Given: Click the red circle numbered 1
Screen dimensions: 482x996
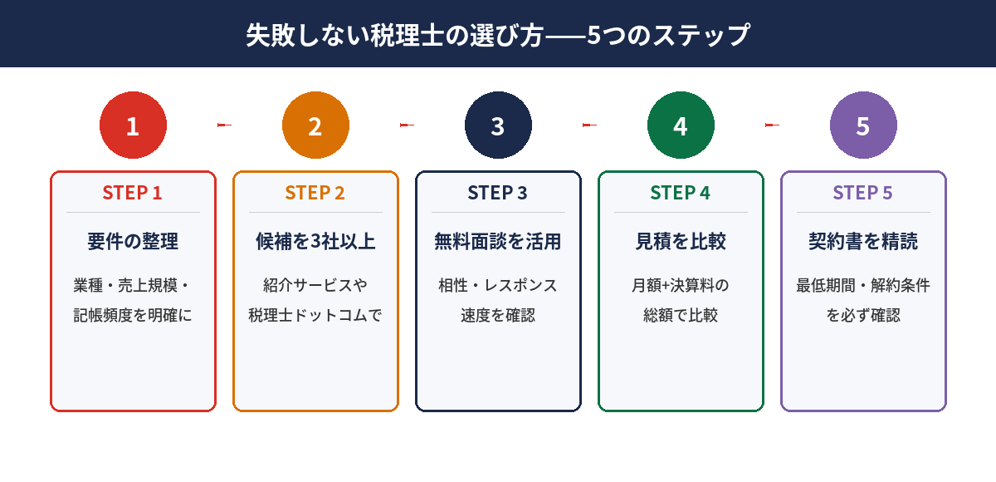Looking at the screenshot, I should tap(133, 125).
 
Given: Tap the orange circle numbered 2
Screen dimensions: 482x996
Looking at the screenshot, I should tap(315, 125).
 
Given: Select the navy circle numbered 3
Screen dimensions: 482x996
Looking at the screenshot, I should tap(498, 125).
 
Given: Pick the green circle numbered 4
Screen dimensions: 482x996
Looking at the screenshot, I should tap(681, 125).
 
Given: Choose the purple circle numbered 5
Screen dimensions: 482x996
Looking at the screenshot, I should tap(863, 125).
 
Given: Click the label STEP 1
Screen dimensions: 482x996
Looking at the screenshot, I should tap(133, 193).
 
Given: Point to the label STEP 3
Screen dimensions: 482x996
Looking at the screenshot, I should tap(498, 193).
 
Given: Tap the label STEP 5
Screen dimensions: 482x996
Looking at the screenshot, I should tap(863, 193).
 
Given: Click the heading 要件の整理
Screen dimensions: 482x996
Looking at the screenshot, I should tap(133, 242).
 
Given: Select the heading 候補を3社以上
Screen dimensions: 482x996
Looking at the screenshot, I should tap(315, 242).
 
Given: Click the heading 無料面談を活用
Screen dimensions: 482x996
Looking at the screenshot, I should tap(498, 242).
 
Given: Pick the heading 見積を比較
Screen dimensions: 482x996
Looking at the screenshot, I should tap(681, 242).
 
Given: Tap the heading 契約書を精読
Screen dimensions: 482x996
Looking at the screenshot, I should tap(863, 242).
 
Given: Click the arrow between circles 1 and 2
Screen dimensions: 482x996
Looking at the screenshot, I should tap(224, 125).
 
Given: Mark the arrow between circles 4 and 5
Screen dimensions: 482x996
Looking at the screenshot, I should tap(772, 125).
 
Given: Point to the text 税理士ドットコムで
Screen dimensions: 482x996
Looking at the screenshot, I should tap(315, 316).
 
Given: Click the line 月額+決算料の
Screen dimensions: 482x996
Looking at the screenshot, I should tap(681, 286).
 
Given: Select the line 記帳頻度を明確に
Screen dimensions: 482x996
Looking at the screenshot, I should tap(133, 316).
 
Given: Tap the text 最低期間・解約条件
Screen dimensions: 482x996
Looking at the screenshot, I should tap(863, 286).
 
